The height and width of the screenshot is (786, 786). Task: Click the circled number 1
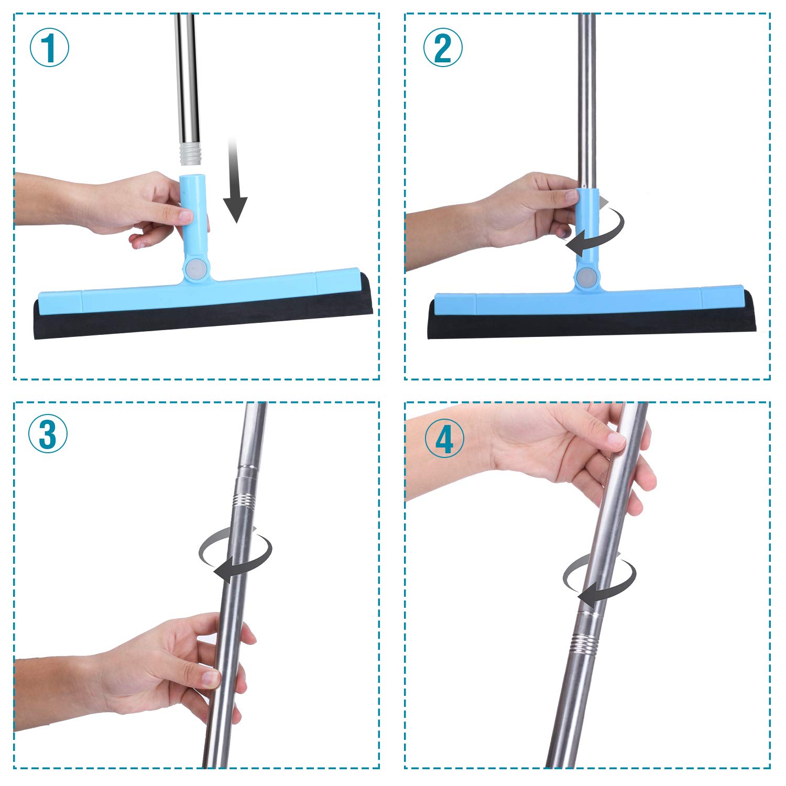[49, 47]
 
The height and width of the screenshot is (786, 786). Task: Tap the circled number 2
[443, 47]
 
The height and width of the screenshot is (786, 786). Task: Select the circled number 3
[48, 434]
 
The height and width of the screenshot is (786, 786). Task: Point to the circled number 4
[444, 439]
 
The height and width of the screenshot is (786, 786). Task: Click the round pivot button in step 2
[586, 276]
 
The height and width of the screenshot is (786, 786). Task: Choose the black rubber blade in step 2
[592, 319]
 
